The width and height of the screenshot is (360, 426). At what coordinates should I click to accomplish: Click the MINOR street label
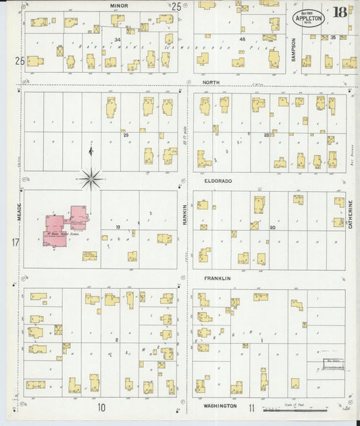(x=119, y=5)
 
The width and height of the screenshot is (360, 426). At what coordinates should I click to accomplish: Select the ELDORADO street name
(x=217, y=182)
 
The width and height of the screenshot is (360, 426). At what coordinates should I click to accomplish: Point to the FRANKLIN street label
(x=217, y=278)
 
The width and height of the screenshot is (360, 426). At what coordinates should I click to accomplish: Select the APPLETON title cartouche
(x=309, y=17)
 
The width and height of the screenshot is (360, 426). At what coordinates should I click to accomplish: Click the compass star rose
(x=91, y=178)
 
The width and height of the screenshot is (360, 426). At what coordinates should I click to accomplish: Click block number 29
(x=125, y=135)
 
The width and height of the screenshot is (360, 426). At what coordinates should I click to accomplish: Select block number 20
(x=272, y=228)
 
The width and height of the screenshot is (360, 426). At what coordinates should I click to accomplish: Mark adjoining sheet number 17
(x=15, y=242)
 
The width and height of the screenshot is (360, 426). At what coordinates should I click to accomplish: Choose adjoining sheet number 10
(x=101, y=407)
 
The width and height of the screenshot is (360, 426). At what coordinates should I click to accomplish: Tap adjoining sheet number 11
(x=251, y=407)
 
